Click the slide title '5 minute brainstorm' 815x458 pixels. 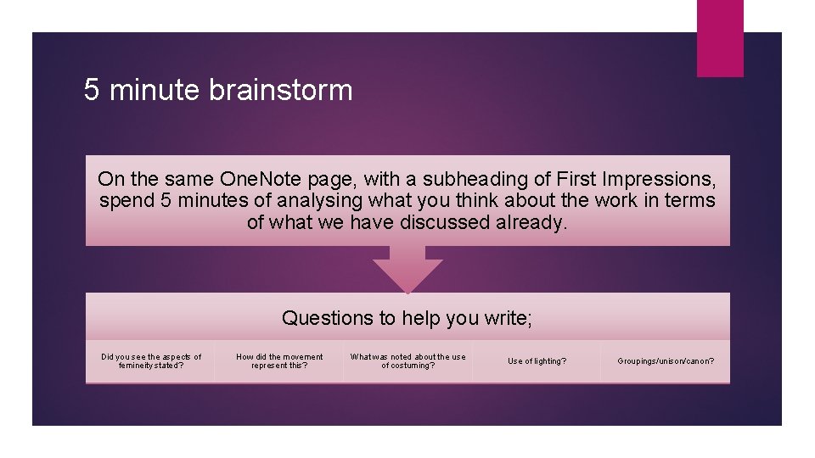[218, 90]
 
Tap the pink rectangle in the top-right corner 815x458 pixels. [719, 38]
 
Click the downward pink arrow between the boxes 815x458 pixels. [407, 269]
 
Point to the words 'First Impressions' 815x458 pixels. [636, 180]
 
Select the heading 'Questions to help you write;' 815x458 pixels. [407, 318]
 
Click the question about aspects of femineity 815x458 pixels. [151, 361]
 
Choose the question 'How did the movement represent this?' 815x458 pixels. [279, 361]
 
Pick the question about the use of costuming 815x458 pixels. [407, 361]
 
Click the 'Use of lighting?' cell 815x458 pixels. [537, 361]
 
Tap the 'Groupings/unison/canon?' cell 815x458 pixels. [666, 361]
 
